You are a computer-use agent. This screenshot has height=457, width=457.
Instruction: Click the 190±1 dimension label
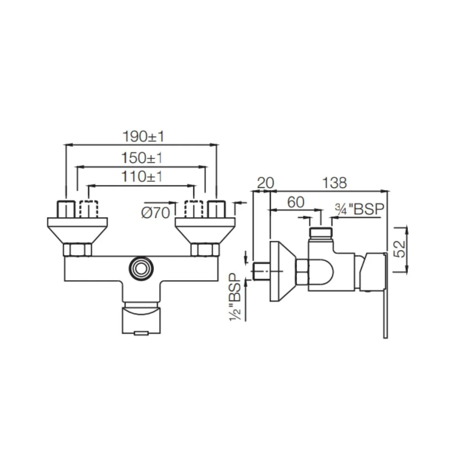(143, 137)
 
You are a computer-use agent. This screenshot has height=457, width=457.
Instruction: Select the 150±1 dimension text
(142, 158)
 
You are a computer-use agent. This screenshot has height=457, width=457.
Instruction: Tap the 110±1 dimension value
(142, 176)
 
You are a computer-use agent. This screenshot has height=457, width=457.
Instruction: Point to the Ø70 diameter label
(155, 213)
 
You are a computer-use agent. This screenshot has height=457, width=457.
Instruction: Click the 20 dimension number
(266, 183)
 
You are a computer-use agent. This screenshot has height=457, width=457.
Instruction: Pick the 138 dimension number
(334, 183)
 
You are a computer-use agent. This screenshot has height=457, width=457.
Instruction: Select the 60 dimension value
(296, 202)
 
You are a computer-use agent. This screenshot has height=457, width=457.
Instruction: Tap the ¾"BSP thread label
(359, 209)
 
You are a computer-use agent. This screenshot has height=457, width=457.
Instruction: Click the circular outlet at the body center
(140, 268)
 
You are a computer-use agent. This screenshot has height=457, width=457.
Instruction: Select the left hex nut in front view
(77, 250)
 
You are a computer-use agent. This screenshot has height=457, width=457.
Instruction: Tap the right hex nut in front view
(205, 250)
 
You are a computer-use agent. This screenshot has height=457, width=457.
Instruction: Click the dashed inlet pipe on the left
(89, 209)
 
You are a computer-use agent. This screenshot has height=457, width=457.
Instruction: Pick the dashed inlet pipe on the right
(194, 209)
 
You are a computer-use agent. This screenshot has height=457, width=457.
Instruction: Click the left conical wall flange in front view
(77, 231)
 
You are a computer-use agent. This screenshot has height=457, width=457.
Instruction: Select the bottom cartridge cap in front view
(141, 320)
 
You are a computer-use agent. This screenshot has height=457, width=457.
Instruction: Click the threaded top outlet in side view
(321, 232)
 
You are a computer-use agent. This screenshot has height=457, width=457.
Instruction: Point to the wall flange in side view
(280, 271)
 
